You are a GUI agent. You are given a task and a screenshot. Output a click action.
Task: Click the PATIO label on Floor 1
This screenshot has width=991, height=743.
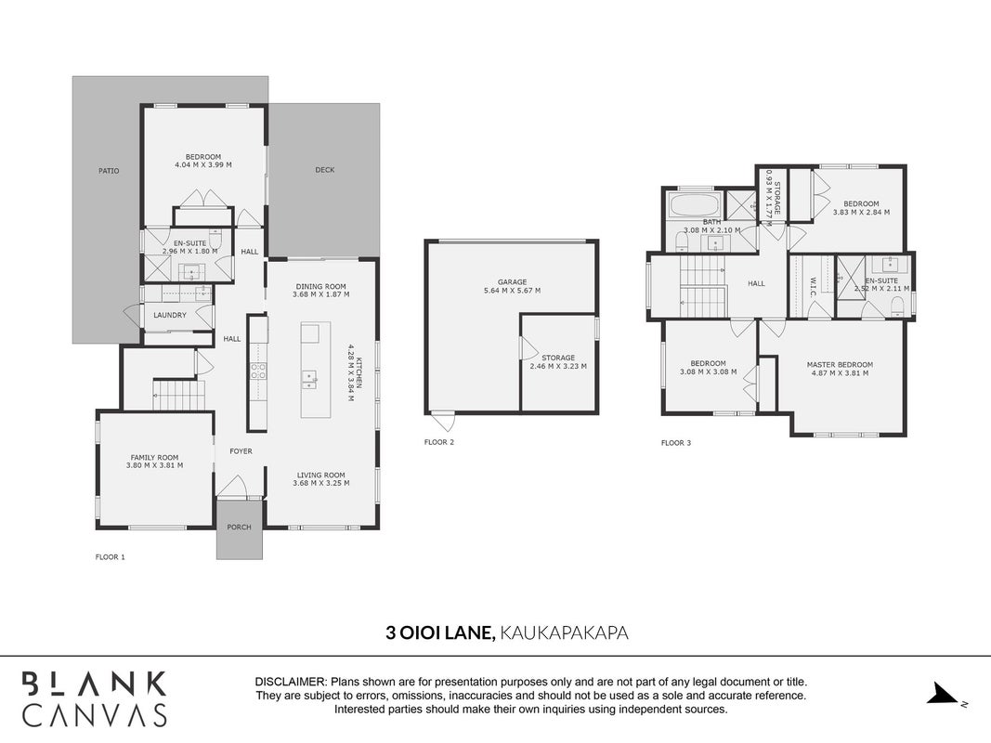pyautogui.click(x=109, y=171)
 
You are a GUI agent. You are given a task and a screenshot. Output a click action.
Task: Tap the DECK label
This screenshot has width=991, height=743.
pyautogui.click(x=325, y=169)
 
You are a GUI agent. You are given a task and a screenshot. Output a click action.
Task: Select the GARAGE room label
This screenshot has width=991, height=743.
pyautogui.click(x=512, y=281)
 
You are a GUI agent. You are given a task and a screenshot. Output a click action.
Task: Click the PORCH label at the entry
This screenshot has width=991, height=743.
pyautogui.click(x=239, y=527)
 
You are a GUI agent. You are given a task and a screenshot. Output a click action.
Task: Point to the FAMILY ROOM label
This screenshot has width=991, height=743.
pyautogui.click(x=154, y=458)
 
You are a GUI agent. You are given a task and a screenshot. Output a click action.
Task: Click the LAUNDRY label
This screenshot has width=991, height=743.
pyautogui.click(x=170, y=315)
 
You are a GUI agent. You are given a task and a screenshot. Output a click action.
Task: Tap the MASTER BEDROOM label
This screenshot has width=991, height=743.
pyautogui.click(x=840, y=365)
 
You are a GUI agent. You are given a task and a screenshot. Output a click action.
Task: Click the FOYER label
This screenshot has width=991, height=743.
pyautogui.click(x=241, y=451)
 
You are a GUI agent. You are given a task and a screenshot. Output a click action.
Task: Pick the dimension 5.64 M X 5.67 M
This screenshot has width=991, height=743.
pyautogui.click(x=512, y=291)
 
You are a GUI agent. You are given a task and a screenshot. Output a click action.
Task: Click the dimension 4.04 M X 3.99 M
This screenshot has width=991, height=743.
pyautogui.click(x=202, y=165)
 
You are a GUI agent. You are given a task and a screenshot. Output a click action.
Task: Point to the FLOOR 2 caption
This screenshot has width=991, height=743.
pyautogui.click(x=439, y=442)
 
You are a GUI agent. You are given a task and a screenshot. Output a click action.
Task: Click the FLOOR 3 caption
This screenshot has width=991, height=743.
pyautogui.click(x=675, y=443)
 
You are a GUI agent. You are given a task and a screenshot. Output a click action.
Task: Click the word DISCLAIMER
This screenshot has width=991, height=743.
pyautogui.click(x=291, y=683)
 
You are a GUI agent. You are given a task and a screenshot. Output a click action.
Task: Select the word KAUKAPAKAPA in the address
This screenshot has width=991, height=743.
pyautogui.click(x=564, y=632)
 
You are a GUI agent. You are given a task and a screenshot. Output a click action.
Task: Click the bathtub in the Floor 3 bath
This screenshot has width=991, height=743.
pyautogui.click(x=694, y=205)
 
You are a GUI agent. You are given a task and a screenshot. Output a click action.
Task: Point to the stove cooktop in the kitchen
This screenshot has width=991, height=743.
pyautogui.click(x=258, y=371)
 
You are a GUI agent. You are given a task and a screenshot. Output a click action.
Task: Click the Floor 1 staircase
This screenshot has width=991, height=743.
pyautogui.click(x=179, y=395)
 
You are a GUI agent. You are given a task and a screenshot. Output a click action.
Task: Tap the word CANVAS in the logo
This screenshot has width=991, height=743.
pyautogui.click(x=95, y=714)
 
